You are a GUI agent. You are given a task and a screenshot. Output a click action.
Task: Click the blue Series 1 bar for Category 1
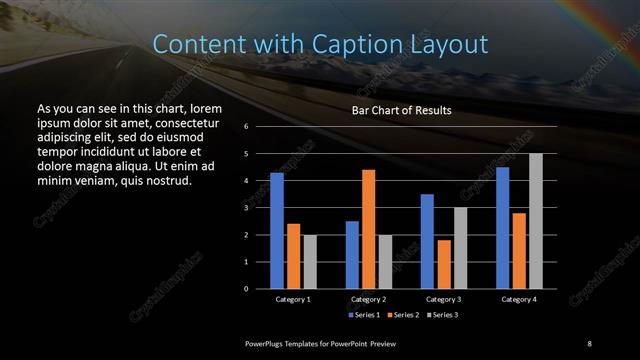click(277, 231)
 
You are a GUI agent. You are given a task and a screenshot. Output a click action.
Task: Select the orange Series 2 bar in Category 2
click(368, 229)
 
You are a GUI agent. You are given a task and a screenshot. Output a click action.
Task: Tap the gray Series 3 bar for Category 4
click(535, 221)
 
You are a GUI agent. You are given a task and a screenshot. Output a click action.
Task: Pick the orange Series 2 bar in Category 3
click(443, 264)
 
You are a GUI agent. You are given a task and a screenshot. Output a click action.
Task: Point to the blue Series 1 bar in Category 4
click(503, 228)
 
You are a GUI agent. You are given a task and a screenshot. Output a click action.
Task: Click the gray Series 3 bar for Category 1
click(309, 262)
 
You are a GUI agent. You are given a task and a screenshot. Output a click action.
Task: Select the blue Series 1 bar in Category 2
click(352, 255)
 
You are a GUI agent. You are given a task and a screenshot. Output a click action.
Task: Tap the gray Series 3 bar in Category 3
click(459, 248)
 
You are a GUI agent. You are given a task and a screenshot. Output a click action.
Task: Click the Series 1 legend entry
click(364, 315)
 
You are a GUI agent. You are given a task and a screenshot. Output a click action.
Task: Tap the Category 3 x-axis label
click(443, 299)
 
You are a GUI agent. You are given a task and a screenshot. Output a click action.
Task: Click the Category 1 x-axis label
click(293, 299)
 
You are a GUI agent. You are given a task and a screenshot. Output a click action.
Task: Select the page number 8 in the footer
click(590, 343)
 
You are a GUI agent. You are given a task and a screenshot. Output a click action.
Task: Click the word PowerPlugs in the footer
click(266, 343)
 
